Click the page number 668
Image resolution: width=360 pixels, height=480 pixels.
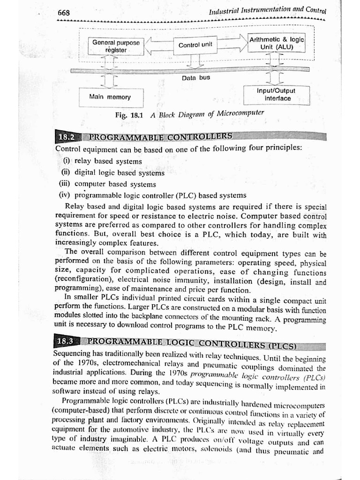click(64, 13)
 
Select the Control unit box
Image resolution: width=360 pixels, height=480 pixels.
click(195, 45)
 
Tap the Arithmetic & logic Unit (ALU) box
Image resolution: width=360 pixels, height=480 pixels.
click(277, 43)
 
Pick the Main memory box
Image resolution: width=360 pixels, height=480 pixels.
click(110, 97)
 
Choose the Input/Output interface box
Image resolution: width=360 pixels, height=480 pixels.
click(277, 95)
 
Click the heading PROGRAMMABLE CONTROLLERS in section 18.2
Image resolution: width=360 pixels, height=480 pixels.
click(160, 137)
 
